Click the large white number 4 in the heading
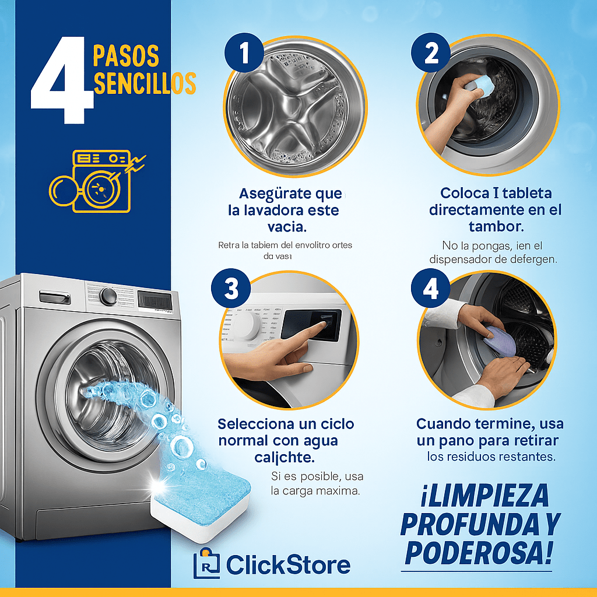click(61, 82)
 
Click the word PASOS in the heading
click(126, 56)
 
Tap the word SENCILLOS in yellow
click(144, 83)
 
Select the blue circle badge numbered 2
click(431, 54)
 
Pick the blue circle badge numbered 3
click(231, 287)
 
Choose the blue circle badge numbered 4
click(431, 287)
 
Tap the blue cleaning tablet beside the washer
click(201, 498)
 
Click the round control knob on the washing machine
click(108, 296)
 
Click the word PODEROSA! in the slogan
click(478, 552)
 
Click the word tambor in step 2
click(496, 226)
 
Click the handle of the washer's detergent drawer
click(55, 298)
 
